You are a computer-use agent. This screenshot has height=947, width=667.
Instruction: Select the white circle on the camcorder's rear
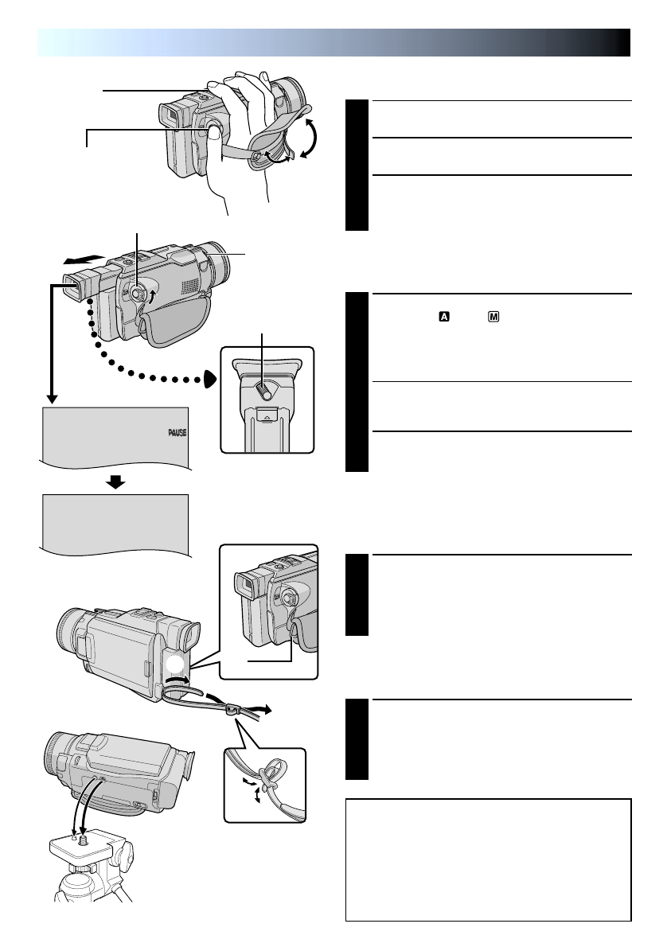click(x=176, y=665)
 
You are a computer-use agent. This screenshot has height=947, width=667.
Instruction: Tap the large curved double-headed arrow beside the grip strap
click(x=310, y=137)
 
